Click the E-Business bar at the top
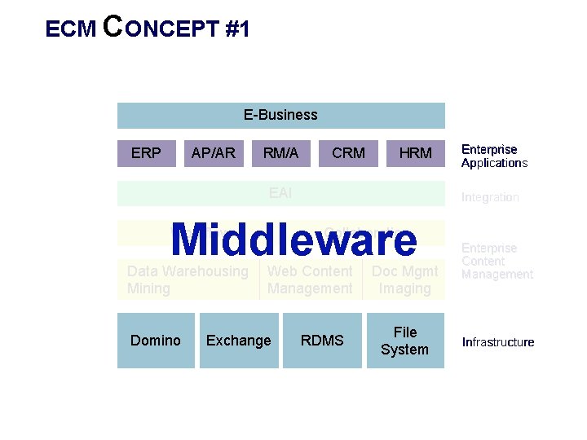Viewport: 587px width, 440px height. click(280, 115)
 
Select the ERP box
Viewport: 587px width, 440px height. click(146, 152)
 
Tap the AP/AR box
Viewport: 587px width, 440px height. click(213, 152)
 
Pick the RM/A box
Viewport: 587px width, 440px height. click(280, 152)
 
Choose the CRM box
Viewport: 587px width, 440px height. click(348, 152)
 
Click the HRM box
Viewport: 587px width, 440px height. click(415, 152)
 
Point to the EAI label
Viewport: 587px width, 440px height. click(280, 193)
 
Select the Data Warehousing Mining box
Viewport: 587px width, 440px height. click(188, 279)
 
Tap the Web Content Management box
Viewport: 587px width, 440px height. click(310, 279)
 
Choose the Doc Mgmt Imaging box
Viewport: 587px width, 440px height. click(404, 279)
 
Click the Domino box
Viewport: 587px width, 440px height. click(156, 341)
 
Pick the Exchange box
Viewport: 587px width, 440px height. click(239, 341)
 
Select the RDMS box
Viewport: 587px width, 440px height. click(322, 341)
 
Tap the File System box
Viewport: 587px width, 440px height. click(404, 341)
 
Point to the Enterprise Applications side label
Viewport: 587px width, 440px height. click(494, 156)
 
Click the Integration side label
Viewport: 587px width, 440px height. click(490, 197)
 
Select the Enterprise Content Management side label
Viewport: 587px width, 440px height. click(497, 261)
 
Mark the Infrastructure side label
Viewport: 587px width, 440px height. click(498, 342)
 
